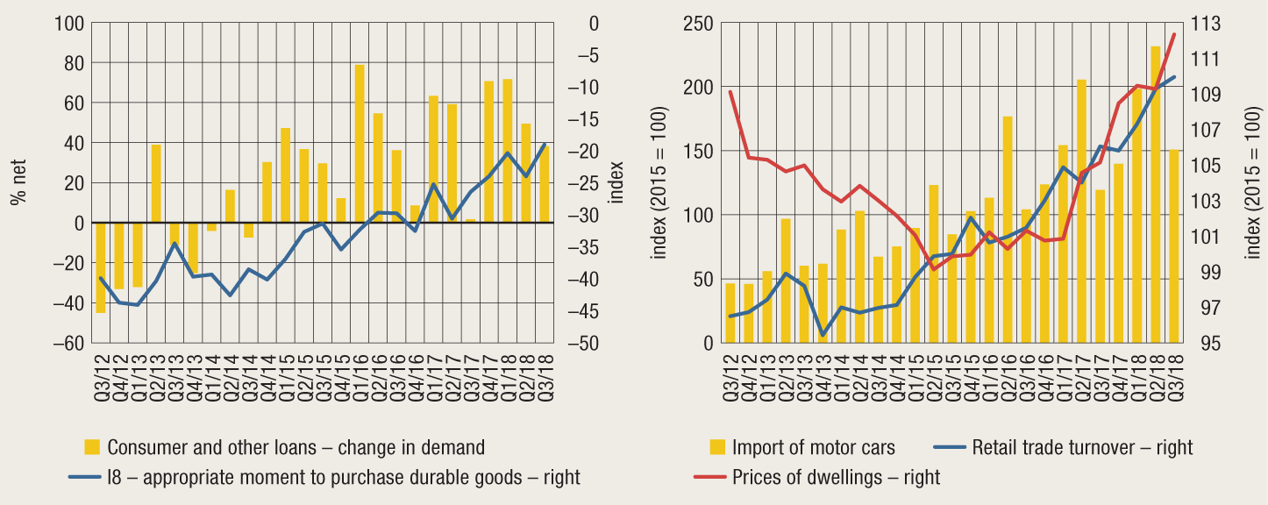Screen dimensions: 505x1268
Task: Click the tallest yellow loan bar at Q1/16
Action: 360,144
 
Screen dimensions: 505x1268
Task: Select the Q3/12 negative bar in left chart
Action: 101,267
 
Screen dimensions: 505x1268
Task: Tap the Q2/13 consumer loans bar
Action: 156,183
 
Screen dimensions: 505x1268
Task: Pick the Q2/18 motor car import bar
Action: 1156,194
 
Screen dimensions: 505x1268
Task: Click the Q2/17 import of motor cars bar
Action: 1082,210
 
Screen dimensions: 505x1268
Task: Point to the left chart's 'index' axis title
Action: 616,182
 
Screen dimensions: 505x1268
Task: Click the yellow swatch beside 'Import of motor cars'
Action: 717,447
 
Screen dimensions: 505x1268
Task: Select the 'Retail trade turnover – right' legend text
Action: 1082,447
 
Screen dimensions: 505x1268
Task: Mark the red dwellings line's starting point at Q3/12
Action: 730,91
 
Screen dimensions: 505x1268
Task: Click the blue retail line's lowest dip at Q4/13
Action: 823,335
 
